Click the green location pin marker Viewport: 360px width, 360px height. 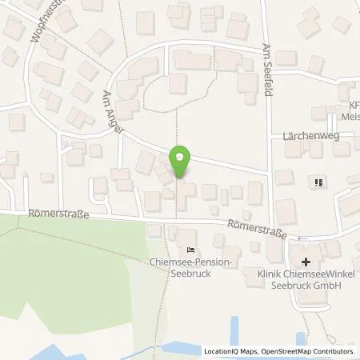pos(181,162)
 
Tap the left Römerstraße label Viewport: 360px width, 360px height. pos(57,214)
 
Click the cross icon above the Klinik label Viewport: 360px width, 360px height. pos(305,262)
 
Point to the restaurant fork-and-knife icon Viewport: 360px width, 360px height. pos(318,182)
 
